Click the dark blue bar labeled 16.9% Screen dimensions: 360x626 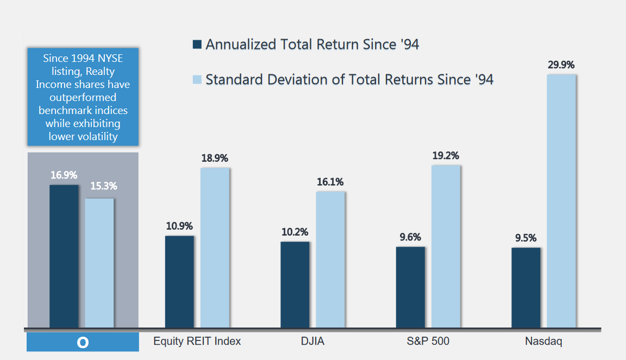64,256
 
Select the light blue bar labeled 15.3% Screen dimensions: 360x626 99,263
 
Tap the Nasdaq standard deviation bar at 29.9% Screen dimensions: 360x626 561,201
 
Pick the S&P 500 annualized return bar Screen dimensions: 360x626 410,287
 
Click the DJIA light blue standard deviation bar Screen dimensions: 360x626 330,260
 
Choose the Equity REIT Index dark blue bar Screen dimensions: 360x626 179,282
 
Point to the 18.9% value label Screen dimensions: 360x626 215,158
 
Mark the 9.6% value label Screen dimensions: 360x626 410,237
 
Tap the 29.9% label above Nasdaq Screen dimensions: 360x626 561,65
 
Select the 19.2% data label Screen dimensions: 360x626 446,155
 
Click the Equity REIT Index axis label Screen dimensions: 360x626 197,342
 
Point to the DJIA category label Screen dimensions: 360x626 312,342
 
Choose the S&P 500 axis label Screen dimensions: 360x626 428,342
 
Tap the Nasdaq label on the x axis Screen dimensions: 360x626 543,342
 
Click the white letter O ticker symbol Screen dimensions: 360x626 83,343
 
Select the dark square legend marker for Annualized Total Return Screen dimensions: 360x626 197,45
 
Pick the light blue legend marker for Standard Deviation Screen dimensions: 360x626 197,80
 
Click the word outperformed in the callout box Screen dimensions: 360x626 83,98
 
